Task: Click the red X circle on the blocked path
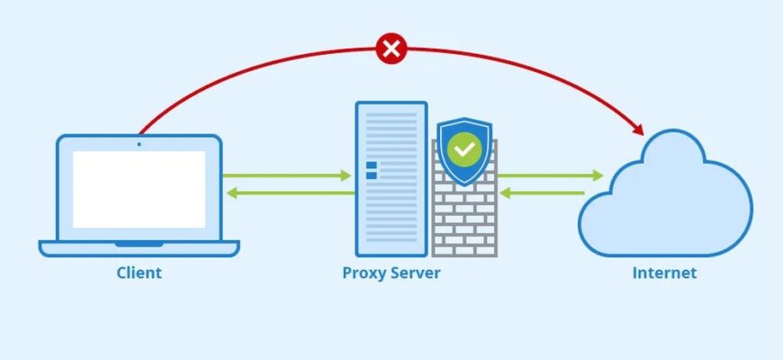391,49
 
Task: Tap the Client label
139,273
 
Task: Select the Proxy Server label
391,273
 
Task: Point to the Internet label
664,273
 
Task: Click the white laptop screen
139,189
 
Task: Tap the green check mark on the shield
464,148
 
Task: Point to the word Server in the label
414,273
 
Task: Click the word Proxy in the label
363,273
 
